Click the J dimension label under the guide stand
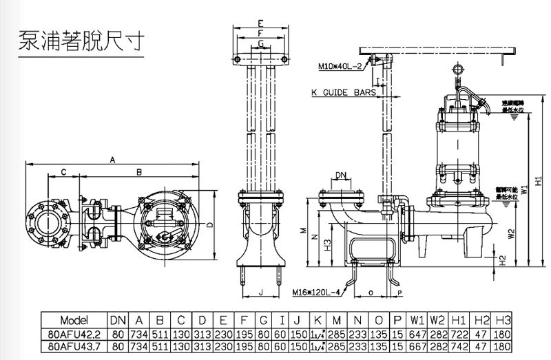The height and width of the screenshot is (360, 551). click(x=260, y=293)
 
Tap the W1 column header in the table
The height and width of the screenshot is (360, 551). click(x=417, y=320)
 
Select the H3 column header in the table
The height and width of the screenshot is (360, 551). click(x=504, y=320)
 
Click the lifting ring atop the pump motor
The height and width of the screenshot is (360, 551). click(x=457, y=70)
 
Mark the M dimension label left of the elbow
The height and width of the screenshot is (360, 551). click(x=304, y=231)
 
